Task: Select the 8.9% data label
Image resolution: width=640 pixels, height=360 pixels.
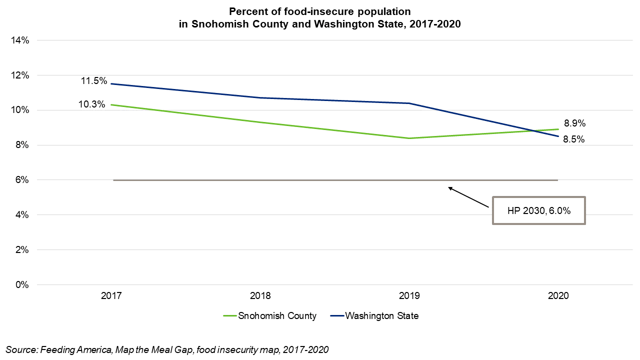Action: [x=574, y=123]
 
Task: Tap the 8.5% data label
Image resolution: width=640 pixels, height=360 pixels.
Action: [x=574, y=140]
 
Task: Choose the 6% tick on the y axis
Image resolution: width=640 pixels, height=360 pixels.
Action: [x=22, y=180]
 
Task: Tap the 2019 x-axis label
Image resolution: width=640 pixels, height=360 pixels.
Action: [x=409, y=296]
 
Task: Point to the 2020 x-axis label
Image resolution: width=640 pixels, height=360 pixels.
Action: [x=558, y=296]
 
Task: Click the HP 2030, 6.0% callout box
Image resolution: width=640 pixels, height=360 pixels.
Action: [x=538, y=210]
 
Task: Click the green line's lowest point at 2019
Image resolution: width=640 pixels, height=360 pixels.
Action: [x=409, y=138]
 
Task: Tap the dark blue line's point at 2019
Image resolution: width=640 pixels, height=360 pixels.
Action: [x=409, y=103]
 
